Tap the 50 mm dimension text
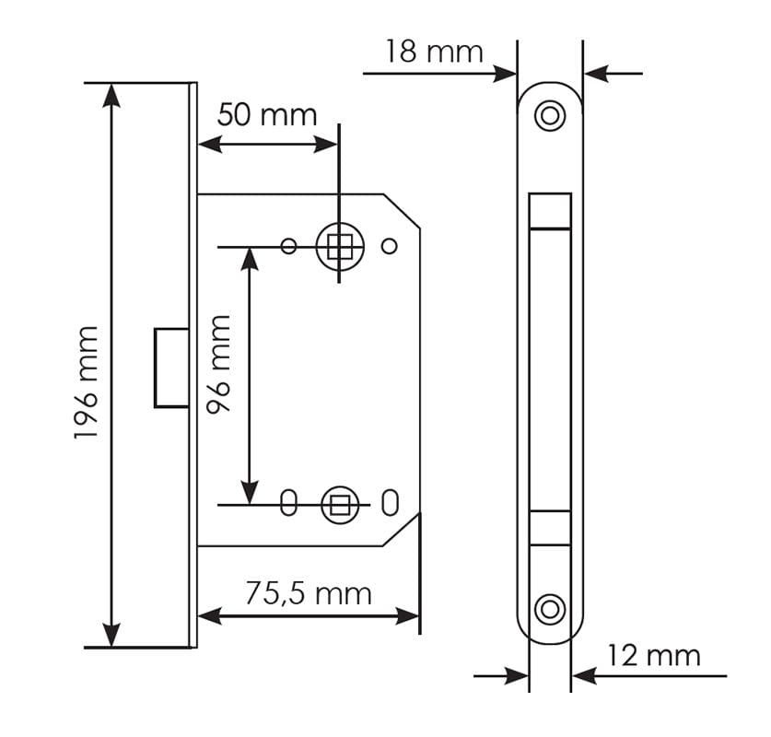[x=267, y=115]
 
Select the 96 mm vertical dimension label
[x=220, y=364]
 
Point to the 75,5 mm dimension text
[x=308, y=593]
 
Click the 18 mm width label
[x=433, y=52]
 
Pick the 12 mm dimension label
[x=653, y=656]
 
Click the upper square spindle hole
[x=339, y=246]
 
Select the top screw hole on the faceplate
[x=550, y=115]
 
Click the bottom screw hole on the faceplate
[x=550, y=608]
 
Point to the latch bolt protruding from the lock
[x=171, y=367]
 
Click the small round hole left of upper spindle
[x=288, y=246]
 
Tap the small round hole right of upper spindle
[x=389, y=246]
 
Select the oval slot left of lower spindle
[x=288, y=504]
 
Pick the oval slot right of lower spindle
[x=389, y=504]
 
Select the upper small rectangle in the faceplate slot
[x=550, y=210]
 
